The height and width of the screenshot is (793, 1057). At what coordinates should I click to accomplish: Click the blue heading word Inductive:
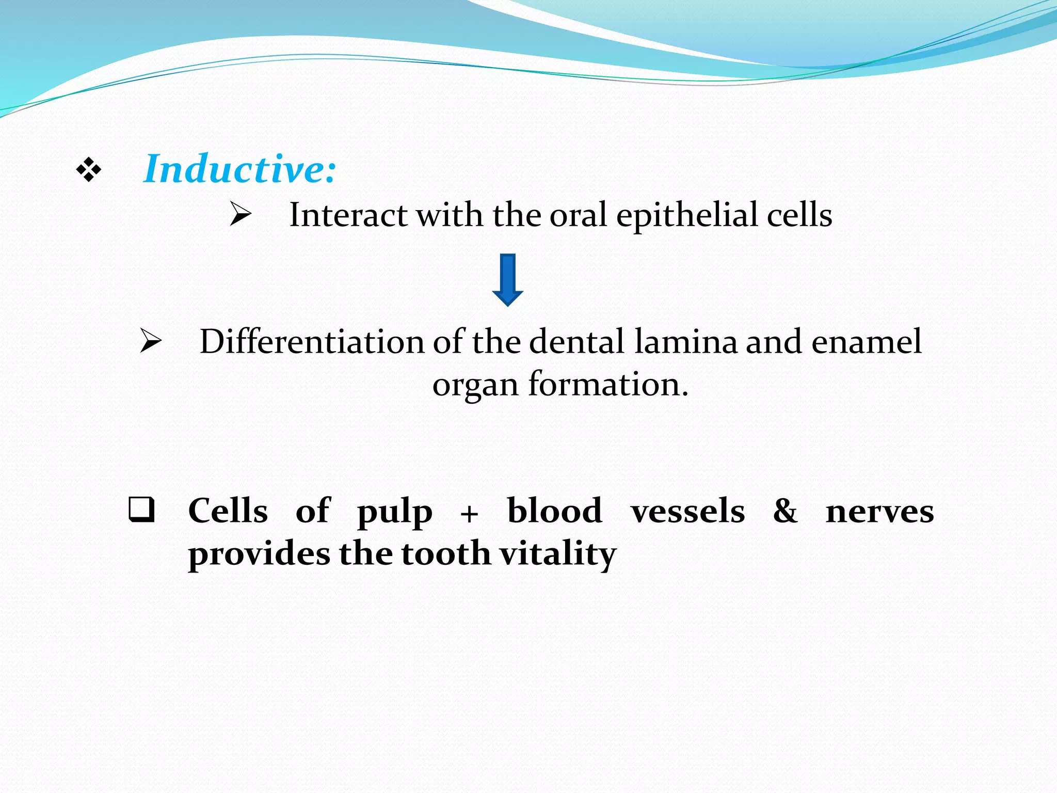coord(240,169)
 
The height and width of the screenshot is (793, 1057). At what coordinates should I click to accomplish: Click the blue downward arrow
coord(508,280)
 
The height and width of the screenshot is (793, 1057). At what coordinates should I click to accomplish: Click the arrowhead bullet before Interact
coord(241,214)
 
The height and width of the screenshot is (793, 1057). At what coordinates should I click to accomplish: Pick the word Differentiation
coord(311,342)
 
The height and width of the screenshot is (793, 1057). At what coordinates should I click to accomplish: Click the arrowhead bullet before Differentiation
coord(151,341)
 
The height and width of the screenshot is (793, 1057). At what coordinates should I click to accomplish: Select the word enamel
coord(866,342)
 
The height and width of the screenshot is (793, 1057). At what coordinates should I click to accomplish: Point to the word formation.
coord(608,385)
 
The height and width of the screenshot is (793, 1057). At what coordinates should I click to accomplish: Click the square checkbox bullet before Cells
coord(141,510)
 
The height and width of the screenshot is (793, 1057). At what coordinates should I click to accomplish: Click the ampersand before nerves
coord(785,511)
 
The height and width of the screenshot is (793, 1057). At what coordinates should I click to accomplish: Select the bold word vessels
coord(687,511)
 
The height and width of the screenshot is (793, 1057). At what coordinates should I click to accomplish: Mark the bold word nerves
coord(879,512)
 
